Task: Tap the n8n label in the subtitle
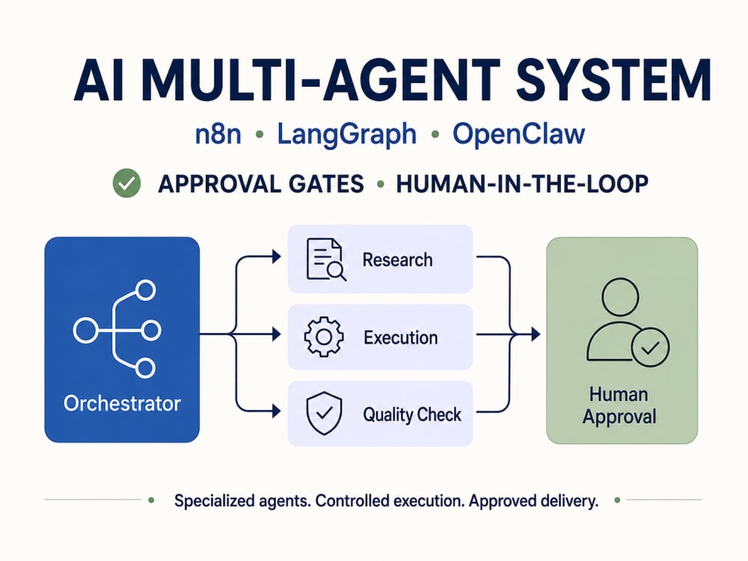tap(218, 134)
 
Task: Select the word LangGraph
tap(347, 135)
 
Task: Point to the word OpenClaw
tap(518, 135)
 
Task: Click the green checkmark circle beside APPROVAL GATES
tap(126, 183)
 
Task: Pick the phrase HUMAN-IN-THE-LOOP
tap(522, 184)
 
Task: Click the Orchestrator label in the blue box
tap(122, 404)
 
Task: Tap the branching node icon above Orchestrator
tap(117, 329)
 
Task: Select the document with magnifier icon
tap(326, 259)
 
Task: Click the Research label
tap(397, 260)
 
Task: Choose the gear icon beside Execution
tap(324, 337)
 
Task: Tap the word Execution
tap(401, 338)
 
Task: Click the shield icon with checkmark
tap(325, 413)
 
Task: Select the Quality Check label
tap(412, 414)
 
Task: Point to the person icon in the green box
tap(628, 322)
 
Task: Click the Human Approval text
tap(619, 405)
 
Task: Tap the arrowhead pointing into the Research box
tap(276, 257)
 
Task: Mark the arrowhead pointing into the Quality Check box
tap(276, 411)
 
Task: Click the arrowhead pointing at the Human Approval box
tap(536, 334)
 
